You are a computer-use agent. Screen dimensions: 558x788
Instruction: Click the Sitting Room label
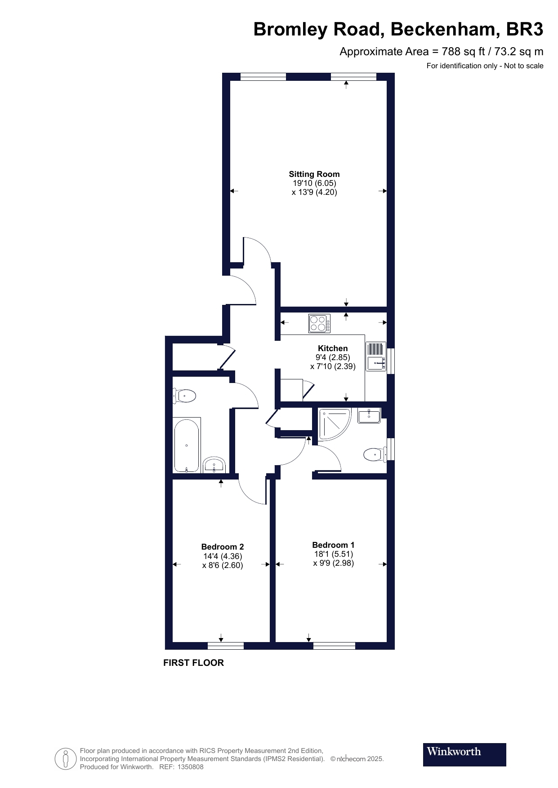[x=314, y=174]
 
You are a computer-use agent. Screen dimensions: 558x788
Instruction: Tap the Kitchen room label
[x=333, y=348]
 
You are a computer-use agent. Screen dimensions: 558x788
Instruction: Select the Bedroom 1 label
[x=333, y=545]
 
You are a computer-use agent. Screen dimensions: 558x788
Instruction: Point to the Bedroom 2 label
[x=223, y=547]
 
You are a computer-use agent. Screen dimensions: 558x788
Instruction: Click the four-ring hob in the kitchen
[x=319, y=323]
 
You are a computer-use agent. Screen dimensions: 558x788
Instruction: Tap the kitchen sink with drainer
[x=376, y=357]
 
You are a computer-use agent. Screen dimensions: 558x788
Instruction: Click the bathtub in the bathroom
[x=187, y=445]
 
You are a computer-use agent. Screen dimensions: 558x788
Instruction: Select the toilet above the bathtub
[x=184, y=396]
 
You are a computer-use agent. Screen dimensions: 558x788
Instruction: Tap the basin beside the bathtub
[x=214, y=465]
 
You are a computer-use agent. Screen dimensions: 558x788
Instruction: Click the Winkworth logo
[x=464, y=754]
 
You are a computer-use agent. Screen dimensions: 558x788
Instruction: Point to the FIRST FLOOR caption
[x=193, y=663]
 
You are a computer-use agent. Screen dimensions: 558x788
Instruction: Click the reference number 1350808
[x=191, y=767]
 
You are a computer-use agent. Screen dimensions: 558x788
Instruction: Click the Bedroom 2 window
[x=226, y=646]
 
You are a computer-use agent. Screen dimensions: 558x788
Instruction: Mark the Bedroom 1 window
[x=334, y=646]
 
